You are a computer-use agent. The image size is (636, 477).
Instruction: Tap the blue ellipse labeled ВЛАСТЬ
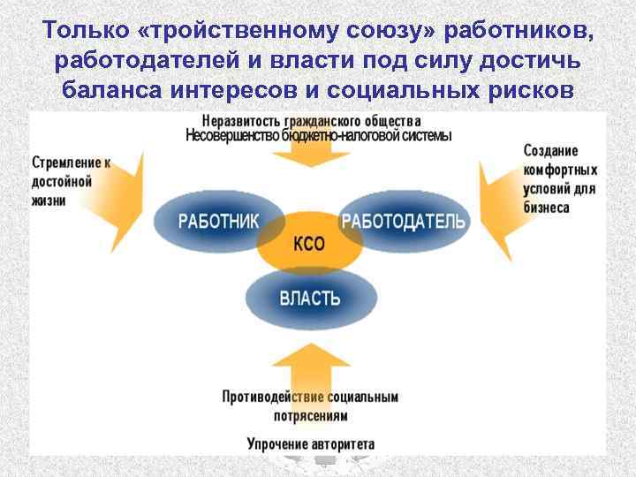point(309,298)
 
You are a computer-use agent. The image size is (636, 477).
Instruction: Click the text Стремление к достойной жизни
point(72,181)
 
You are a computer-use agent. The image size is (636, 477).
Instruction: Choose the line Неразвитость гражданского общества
point(311,121)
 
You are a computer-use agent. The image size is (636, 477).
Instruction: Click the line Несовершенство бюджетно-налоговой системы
point(318,136)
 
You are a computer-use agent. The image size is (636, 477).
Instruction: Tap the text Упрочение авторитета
point(310,443)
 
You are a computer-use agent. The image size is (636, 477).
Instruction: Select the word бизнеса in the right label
point(546,208)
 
